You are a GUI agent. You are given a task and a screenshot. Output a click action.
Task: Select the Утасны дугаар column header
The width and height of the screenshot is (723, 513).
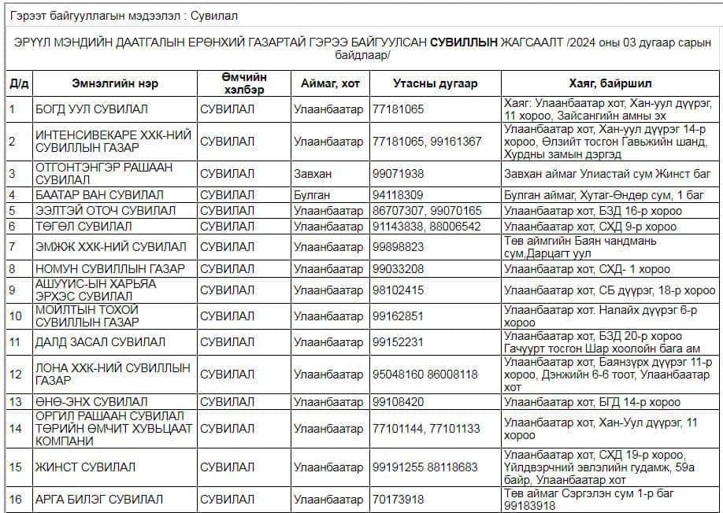[x=435, y=83]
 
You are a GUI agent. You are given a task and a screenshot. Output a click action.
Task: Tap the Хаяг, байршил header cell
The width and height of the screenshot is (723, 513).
[x=610, y=83]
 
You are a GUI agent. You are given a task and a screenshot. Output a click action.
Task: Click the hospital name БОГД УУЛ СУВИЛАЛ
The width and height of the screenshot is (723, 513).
[x=91, y=109]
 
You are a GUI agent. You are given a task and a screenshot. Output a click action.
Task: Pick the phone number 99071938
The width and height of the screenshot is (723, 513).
[x=399, y=173]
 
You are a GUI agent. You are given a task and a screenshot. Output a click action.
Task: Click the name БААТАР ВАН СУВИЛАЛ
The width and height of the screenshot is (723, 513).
[x=99, y=194]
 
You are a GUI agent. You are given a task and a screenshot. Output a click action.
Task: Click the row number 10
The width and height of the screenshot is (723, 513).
[x=16, y=316]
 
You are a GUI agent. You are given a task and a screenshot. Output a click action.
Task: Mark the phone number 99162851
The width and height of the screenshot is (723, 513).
[x=399, y=316]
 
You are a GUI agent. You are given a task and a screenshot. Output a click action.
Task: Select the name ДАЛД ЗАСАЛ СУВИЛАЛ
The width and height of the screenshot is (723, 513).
[x=100, y=341]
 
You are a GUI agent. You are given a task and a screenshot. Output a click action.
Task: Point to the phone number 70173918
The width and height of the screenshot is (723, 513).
[x=399, y=499]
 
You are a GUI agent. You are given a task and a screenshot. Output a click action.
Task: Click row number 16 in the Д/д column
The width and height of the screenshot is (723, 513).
[x=16, y=499]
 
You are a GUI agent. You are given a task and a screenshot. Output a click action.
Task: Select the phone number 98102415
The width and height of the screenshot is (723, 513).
[x=399, y=290]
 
